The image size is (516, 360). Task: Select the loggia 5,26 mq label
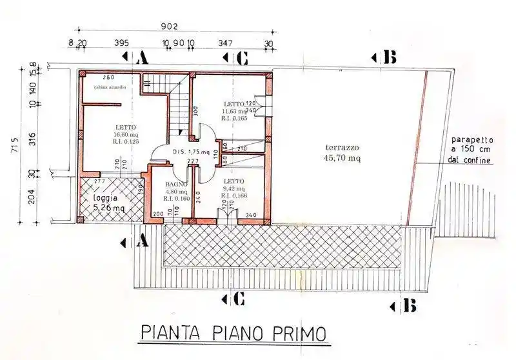107,203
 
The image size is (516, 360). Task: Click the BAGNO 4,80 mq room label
174,191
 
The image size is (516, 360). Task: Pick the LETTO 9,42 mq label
233,188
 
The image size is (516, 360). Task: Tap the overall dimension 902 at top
168,27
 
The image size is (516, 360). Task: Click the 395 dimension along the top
121,43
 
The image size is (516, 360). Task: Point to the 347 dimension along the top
226,43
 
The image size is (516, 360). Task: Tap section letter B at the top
389,58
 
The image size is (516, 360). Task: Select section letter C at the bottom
237,299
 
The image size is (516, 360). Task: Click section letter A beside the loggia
143,242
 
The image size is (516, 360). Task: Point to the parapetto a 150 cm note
472,149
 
